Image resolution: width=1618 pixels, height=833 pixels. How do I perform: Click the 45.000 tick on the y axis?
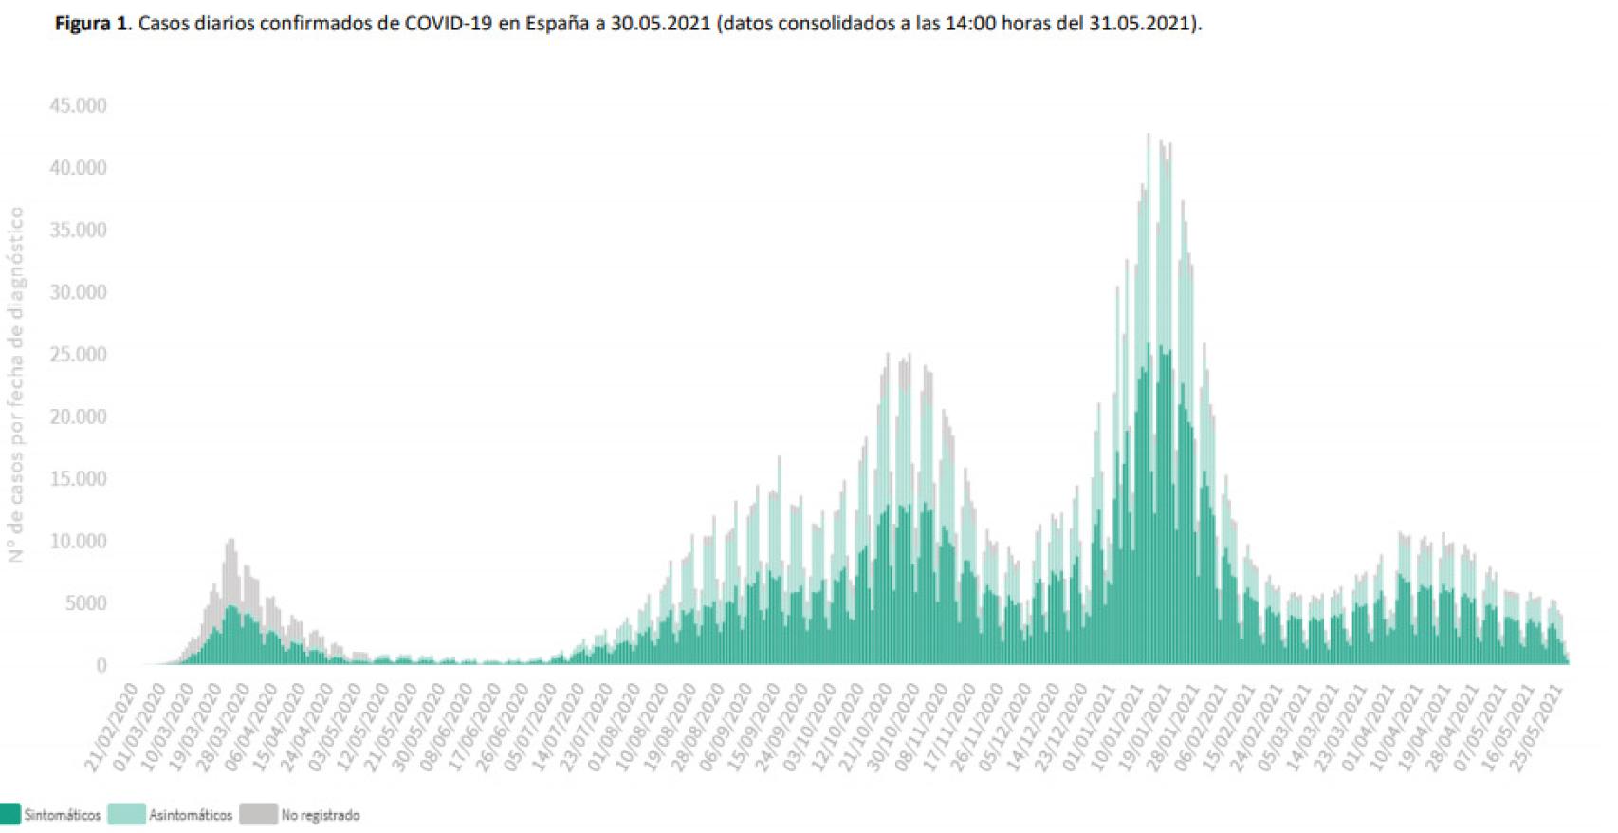point(78,105)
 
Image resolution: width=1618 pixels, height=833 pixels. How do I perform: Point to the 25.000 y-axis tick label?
point(78,355)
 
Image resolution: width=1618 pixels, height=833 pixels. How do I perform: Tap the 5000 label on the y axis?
point(84,603)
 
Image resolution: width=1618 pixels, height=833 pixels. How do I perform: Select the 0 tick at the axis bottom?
point(101,666)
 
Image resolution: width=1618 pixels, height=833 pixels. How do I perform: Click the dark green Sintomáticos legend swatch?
point(9,814)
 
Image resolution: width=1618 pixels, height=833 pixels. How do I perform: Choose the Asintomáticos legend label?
point(190,815)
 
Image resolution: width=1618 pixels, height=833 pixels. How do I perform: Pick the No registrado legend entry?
point(320,815)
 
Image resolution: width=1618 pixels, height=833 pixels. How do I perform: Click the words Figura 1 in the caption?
point(91,24)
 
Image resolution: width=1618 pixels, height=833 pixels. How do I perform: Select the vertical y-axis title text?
point(17,384)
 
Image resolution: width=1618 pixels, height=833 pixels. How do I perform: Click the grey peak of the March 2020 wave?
point(230,542)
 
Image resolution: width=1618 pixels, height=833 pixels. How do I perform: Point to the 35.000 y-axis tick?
point(78,231)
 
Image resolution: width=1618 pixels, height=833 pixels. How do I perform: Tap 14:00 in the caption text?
point(968,24)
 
